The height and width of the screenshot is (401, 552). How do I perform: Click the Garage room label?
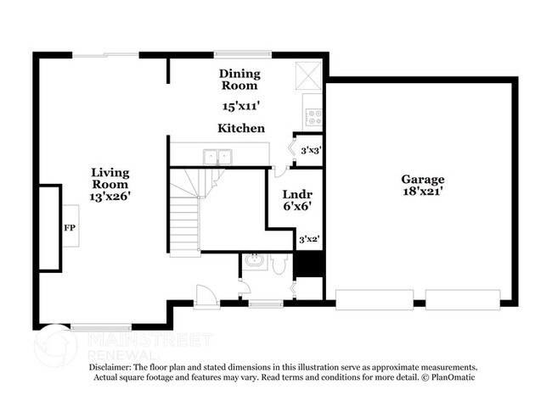tap(423, 179)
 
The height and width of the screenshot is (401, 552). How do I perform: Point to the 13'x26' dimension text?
tap(111, 196)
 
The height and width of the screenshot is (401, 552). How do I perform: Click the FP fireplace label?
tap(69, 228)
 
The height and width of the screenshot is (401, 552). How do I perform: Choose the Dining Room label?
tap(240, 80)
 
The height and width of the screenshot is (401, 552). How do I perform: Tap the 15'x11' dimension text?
tap(240, 107)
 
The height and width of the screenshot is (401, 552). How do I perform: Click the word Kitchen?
tap(240, 128)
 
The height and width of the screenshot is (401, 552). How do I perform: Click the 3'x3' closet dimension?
tap(310, 150)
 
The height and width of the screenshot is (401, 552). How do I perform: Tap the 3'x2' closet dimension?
tap(309, 240)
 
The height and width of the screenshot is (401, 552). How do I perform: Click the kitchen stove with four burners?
tap(314, 116)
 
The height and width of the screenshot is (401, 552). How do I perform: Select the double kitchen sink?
tap(218, 156)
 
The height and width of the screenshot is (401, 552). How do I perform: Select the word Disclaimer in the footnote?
tap(116, 366)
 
